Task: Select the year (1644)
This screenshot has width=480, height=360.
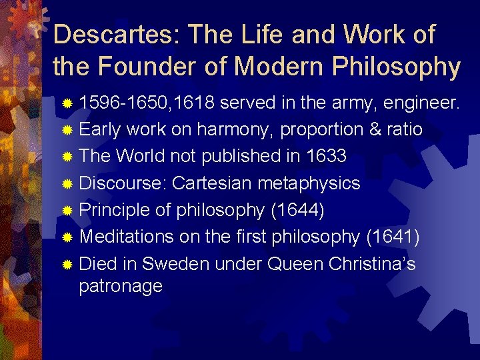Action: [x=297, y=210]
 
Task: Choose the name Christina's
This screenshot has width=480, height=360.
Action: [x=372, y=264]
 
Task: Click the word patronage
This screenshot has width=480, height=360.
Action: [x=121, y=287]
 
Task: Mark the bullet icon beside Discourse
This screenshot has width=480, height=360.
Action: [x=67, y=183]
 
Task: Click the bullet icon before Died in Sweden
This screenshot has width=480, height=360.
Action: [x=67, y=265]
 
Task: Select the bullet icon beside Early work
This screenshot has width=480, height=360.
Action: [x=67, y=130]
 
